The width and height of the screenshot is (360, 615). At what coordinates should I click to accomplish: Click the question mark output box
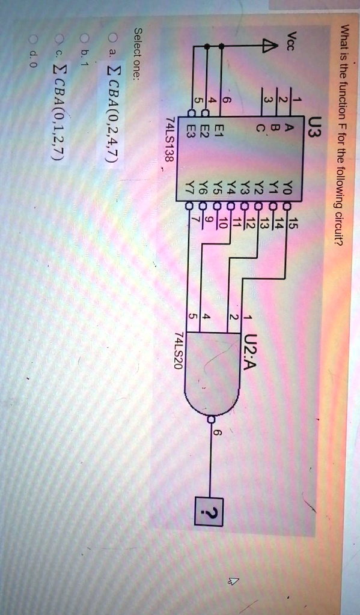click(x=209, y=512)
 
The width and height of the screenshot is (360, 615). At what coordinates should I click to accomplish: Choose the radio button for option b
click(x=83, y=38)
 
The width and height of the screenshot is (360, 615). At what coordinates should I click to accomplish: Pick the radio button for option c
click(x=59, y=39)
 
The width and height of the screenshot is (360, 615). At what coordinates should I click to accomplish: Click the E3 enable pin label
click(x=191, y=130)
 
